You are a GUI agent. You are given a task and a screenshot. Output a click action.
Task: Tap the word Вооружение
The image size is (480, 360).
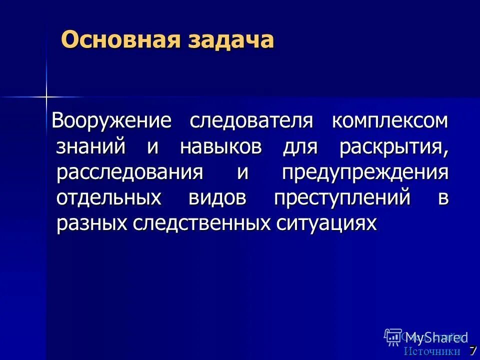112,121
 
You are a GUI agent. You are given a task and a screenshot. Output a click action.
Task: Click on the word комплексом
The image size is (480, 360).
390,121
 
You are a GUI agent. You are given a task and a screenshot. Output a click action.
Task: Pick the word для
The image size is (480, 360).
300,147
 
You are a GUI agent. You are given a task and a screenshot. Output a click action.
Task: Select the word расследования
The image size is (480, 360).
129,173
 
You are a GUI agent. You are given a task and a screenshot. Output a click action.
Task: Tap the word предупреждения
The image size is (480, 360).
365,173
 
